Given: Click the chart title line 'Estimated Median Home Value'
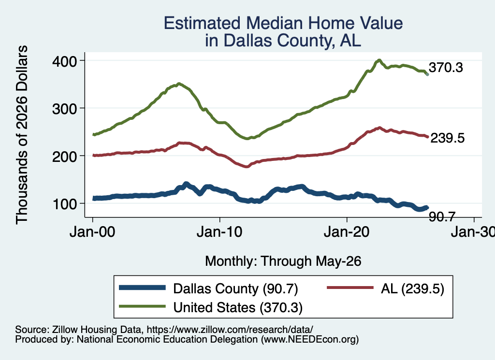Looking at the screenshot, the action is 283,23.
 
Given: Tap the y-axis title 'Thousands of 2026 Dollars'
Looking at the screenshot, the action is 22,135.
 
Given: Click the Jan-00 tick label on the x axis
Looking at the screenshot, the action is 92,232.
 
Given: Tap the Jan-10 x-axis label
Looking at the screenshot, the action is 219,232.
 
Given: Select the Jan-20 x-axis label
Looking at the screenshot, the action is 347,232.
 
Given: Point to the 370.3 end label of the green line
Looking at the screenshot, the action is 446,68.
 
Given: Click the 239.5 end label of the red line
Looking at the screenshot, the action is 447,138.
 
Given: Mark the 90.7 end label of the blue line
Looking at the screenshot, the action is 442,216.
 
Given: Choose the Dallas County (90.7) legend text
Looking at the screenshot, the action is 235,288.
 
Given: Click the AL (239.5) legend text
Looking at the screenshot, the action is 412,288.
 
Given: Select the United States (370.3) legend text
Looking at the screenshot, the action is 238,307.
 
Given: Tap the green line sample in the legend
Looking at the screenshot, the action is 142,306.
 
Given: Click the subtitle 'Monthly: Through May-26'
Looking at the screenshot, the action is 283,261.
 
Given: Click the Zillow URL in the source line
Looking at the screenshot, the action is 230,330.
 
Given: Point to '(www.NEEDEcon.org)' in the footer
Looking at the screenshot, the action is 310,340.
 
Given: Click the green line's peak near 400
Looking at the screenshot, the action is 379,60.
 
